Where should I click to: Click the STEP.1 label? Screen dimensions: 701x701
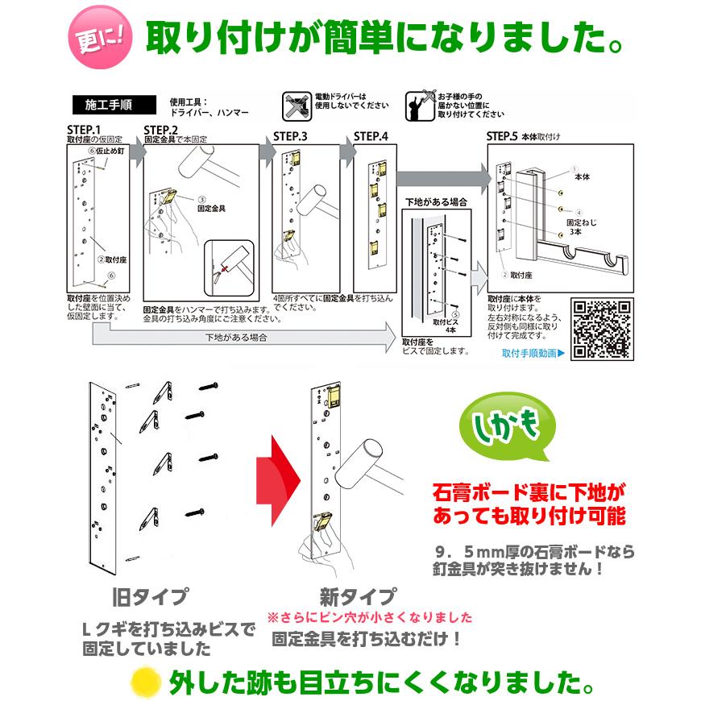point(84,130)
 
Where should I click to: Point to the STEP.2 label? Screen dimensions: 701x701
point(160,130)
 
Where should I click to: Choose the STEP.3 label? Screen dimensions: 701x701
point(291,135)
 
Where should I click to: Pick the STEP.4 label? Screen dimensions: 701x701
point(371,135)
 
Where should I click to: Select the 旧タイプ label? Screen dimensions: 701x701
point(151,597)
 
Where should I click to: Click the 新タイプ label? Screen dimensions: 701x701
point(358,597)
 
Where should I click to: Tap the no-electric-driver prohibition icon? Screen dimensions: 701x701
point(296,105)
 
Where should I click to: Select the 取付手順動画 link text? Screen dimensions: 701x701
point(533,352)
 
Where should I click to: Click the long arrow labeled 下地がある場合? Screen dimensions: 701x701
point(242,338)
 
